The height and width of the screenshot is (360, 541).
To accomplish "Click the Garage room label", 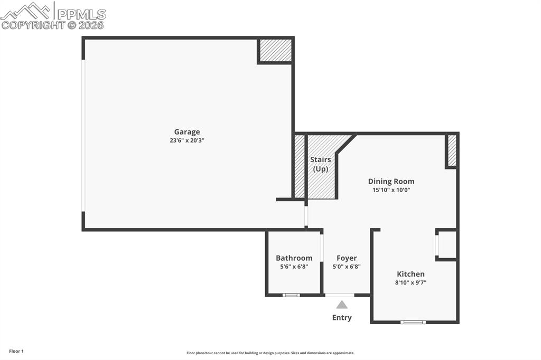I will point(187,132).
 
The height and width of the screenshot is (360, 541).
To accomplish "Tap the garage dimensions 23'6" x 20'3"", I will point(187,140).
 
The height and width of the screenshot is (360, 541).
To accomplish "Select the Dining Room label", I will point(391,181).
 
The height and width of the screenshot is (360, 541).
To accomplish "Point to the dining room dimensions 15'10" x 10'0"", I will point(391,190).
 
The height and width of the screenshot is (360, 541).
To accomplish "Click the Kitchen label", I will point(411,274).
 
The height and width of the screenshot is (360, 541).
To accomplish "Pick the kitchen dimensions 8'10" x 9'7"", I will point(411,282).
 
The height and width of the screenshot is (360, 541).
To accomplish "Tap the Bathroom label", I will point(294,258).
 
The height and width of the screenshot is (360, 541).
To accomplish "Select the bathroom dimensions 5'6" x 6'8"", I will point(294,267).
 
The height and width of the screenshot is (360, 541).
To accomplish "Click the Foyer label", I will point(347,258).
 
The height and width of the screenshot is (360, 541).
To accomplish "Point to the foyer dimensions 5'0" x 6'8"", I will point(347,267).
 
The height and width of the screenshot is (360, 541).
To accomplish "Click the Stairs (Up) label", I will point(320,164).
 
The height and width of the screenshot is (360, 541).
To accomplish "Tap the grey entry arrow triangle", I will point(342,305).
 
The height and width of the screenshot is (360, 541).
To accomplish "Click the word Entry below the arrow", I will point(342,317).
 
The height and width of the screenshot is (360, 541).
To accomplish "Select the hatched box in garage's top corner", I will point(275,51).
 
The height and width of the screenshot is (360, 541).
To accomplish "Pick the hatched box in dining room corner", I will point(452,150).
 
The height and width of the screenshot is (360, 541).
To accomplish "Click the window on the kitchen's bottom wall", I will point(413,321).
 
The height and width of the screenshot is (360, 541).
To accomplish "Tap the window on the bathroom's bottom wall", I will point(291,295).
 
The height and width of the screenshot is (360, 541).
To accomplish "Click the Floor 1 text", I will point(16,351).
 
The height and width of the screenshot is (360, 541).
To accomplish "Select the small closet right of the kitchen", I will point(447,244).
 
